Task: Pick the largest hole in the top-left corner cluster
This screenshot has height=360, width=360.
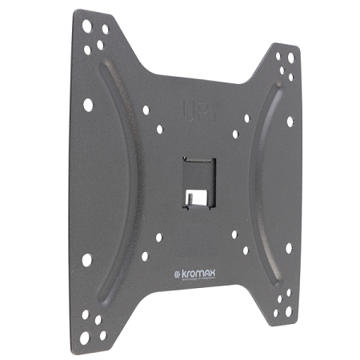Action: (86, 26)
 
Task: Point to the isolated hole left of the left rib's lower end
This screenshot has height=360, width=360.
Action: (86, 260)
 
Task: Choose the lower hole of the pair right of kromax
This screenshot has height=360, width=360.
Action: (245, 250)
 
